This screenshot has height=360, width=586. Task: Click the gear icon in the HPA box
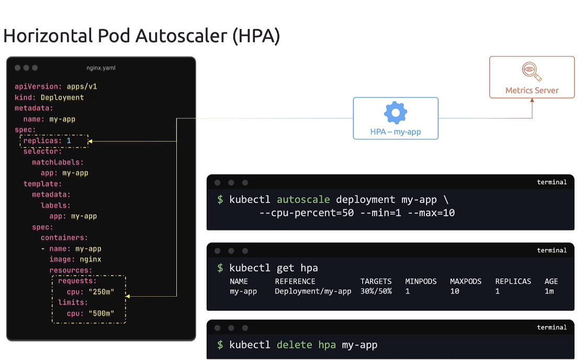pos(396,113)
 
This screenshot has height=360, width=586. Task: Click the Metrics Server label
pos(532,90)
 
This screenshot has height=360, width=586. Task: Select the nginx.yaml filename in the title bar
pos(101,68)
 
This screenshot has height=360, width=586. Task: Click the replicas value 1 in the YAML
pos(69,141)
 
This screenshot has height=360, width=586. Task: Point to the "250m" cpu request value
pos(101,292)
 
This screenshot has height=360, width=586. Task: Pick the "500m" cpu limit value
pos(101,313)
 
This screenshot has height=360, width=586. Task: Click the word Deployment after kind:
pos(62,97)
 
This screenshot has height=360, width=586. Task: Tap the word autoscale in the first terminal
pos(303,199)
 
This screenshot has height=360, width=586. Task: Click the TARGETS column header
pos(376,282)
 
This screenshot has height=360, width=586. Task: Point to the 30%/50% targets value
pos(376,291)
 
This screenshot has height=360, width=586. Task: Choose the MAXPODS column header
pos(466,282)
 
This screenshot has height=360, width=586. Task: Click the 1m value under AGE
pos(549,291)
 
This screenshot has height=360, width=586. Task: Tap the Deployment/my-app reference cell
pos(313,291)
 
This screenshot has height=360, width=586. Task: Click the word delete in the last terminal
pos(295,345)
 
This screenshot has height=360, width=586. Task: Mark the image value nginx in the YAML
pos(91,260)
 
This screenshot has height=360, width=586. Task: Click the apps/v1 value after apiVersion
pos(82,86)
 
